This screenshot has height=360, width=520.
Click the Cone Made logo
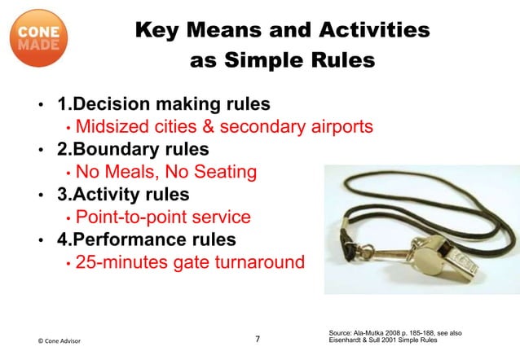38,38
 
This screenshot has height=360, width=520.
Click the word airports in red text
333,127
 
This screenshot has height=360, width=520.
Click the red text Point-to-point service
163,217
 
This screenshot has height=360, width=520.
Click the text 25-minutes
118,263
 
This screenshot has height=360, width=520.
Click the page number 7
258,339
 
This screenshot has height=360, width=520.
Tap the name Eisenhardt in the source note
349,341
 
